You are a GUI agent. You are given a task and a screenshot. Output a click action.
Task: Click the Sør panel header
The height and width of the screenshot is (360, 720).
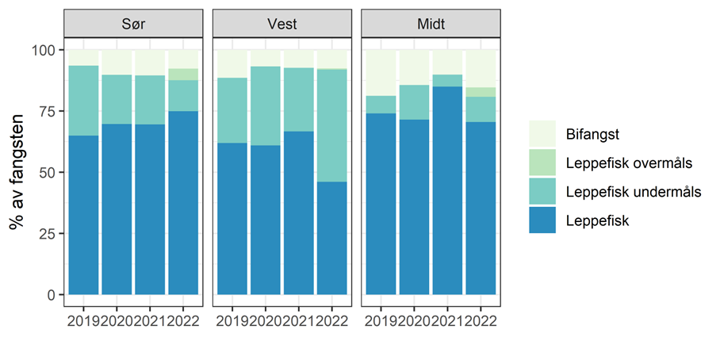tap(133, 24)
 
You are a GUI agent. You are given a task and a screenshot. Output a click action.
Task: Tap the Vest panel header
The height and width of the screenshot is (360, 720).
tap(281, 24)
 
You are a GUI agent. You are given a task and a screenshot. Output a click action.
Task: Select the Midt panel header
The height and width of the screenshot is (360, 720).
tap(431, 24)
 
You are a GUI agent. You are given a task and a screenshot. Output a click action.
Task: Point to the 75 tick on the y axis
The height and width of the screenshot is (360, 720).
tap(49, 111)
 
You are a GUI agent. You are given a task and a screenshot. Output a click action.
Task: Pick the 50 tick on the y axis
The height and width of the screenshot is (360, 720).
tap(49, 172)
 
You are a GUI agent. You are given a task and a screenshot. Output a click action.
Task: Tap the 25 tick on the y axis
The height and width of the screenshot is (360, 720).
tap(49, 233)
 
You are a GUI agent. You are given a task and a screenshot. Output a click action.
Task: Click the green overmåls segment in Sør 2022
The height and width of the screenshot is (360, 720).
tap(183, 75)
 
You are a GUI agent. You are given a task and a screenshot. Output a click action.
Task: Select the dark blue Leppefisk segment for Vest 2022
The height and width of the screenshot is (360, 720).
tap(331, 238)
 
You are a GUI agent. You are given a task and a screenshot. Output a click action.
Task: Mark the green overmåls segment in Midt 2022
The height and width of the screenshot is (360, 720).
tap(481, 92)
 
